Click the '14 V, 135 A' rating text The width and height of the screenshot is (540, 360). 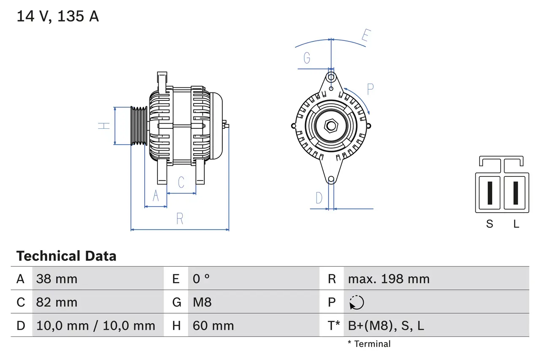(x=58, y=16)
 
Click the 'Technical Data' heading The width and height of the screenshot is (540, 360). (x=66, y=256)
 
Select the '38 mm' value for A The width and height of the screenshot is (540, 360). (x=57, y=279)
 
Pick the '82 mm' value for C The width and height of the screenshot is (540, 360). (x=57, y=302)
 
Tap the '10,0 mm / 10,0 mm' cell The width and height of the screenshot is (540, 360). (x=96, y=325)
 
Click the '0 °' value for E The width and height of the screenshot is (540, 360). (x=201, y=279)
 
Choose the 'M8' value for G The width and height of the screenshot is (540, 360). (x=202, y=302)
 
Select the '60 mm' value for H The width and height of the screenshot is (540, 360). (x=213, y=325)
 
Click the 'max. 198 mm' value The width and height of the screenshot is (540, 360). (x=389, y=279)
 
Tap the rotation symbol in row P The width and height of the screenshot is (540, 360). (x=356, y=302)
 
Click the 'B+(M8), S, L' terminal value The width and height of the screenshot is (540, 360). (x=386, y=325)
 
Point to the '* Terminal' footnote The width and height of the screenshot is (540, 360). (x=369, y=344)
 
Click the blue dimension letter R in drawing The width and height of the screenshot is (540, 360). (x=180, y=219)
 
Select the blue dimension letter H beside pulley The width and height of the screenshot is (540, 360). (x=104, y=126)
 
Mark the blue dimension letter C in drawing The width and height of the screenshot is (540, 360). (x=181, y=182)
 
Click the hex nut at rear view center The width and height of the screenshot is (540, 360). (x=331, y=126)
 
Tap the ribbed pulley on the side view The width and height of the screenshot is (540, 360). (x=138, y=126)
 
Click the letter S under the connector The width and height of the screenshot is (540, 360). (x=489, y=224)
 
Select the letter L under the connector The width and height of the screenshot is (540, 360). (x=516, y=224)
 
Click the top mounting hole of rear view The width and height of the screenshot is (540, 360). (x=331, y=77)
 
